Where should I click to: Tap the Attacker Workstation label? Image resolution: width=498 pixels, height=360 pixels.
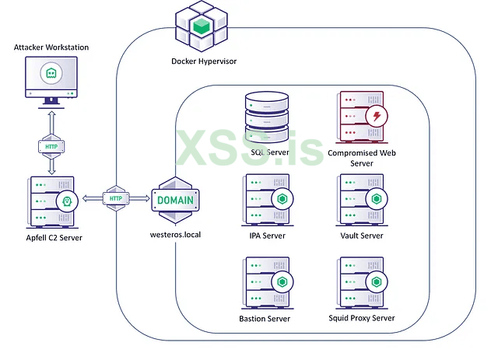[51, 47]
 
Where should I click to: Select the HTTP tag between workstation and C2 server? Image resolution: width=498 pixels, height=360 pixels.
[51, 145]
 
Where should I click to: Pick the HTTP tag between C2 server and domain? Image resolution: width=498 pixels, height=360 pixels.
[116, 198]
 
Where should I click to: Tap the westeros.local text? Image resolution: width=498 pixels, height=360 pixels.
[175, 234]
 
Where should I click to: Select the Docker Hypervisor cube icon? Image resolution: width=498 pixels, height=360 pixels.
[202, 27]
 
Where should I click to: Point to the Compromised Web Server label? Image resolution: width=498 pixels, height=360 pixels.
[363, 158]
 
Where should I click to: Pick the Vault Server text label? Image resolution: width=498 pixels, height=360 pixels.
[362, 235]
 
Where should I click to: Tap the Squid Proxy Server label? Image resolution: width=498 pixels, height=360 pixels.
[362, 318]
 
